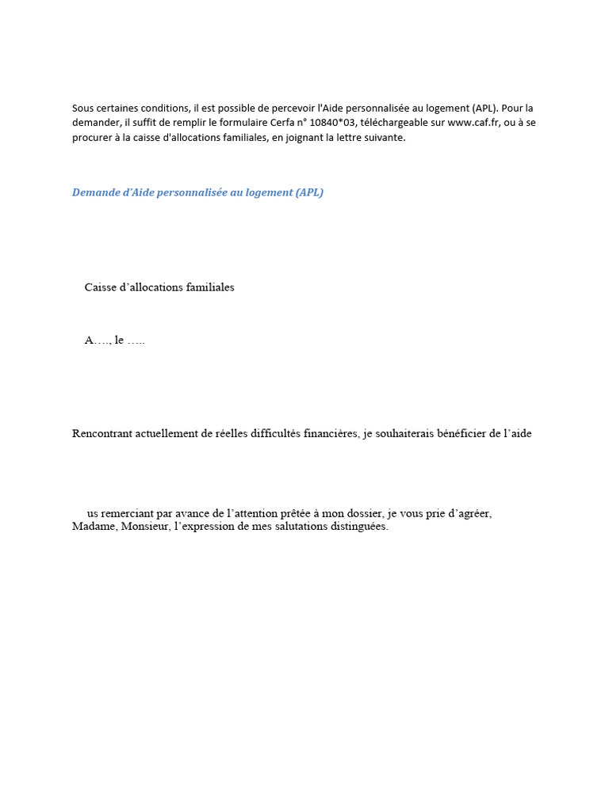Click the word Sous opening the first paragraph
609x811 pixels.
(82, 109)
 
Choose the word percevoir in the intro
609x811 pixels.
(292, 109)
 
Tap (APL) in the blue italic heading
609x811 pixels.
(309, 192)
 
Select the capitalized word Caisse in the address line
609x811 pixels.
(100, 287)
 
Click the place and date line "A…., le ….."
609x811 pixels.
(115, 341)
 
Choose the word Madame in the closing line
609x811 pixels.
(94, 527)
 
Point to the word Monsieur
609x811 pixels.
(145, 527)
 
